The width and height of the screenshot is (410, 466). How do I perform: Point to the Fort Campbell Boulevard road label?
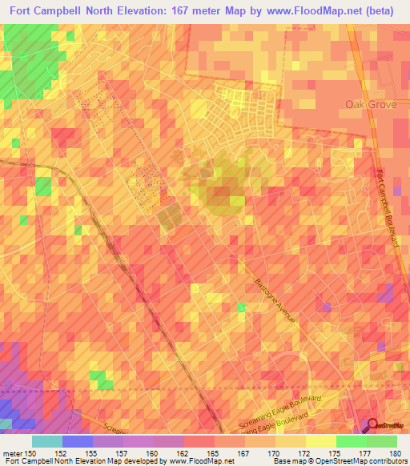(389, 212)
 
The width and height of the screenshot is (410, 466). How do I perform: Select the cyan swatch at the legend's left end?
(47, 441)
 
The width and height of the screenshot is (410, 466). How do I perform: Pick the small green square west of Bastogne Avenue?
(242, 307)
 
